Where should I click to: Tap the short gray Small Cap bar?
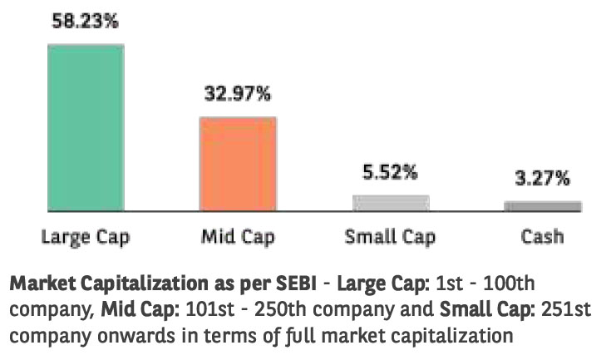[x=390, y=202]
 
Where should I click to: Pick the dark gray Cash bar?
[x=542, y=205]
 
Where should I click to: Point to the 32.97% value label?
[x=238, y=94]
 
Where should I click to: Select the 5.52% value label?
[x=390, y=173]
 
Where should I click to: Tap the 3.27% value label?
[x=542, y=178]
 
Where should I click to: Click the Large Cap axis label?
[x=86, y=236]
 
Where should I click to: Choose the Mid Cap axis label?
[x=237, y=236]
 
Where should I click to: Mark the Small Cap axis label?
[x=390, y=236]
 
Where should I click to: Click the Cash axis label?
[x=542, y=236]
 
